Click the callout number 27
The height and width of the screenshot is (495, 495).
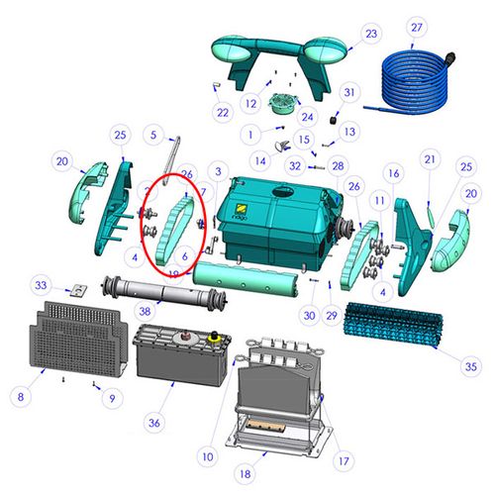coord(416,27)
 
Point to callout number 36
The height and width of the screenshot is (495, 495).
coord(154,423)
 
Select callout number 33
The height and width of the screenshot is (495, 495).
coord(112,398)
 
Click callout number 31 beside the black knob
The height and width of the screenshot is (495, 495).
coord(349,92)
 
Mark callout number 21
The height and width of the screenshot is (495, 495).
coord(429,159)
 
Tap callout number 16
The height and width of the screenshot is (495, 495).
coord(392,174)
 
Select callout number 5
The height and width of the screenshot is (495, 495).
coord(153,134)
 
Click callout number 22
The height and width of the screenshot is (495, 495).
coord(222,113)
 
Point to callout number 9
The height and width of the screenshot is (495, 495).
coord(112,398)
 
